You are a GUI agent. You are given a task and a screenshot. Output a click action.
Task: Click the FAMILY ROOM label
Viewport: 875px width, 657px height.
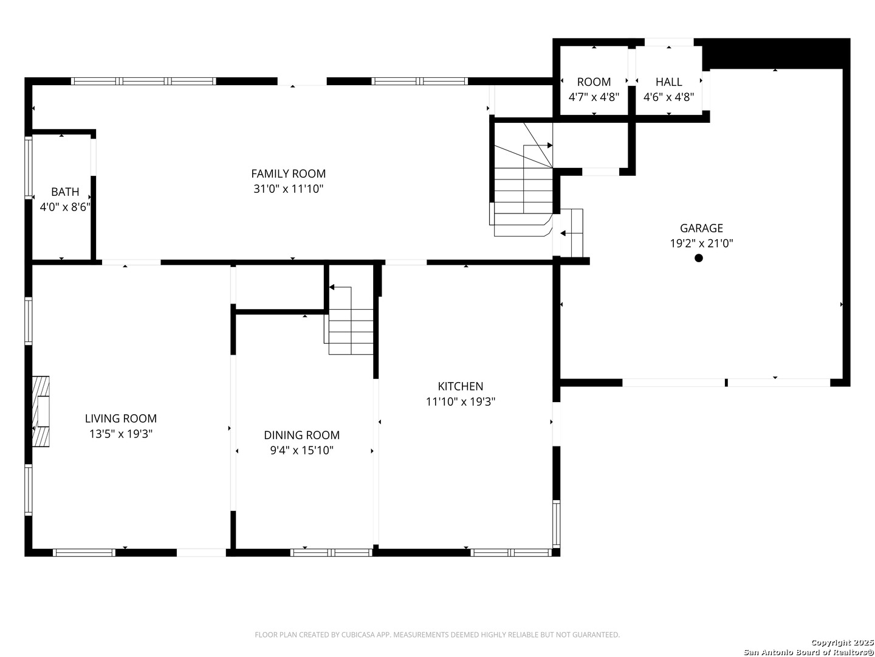pyautogui.click(x=288, y=173)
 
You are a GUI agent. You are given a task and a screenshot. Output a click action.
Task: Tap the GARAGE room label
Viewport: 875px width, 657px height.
pyautogui.click(x=701, y=228)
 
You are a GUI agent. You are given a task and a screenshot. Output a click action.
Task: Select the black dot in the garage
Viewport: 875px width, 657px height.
pyautogui.click(x=698, y=258)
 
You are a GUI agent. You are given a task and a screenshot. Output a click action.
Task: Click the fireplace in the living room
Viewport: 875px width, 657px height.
pyautogui.click(x=41, y=411)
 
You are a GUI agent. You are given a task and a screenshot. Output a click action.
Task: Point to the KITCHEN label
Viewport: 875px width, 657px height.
pyautogui.click(x=461, y=386)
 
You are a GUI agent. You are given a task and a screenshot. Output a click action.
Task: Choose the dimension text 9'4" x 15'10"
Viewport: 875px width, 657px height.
pyautogui.click(x=302, y=450)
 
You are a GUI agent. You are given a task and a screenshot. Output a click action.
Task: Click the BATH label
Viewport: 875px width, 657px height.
pyautogui.click(x=65, y=192)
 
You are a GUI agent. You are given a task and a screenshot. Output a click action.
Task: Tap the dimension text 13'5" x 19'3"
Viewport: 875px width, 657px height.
pyautogui.click(x=121, y=434)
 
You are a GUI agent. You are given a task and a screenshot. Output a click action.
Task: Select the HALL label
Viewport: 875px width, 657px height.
pyautogui.click(x=668, y=82)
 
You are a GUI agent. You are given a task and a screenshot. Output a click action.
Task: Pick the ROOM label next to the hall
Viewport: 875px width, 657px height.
pyautogui.click(x=594, y=82)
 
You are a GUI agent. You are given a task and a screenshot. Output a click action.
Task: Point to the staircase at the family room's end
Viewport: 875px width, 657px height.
pyautogui.click(x=523, y=179)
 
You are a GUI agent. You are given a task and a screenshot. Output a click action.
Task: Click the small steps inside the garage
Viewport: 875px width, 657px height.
pyautogui.click(x=571, y=233)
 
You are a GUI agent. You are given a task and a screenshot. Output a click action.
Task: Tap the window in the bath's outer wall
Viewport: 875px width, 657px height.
pyautogui.click(x=29, y=167)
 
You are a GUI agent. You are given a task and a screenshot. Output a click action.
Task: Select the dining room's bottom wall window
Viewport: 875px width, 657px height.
pyautogui.click(x=331, y=552)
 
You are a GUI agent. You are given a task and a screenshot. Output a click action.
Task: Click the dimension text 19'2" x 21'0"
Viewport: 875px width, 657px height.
pyautogui.click(x=702, y=243)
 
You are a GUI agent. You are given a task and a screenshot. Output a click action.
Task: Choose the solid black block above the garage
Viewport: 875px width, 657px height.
pyautogui.click(x=775, y=54)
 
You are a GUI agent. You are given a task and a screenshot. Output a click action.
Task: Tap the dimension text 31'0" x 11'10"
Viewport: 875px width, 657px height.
pyautogui.click(x=288, y=189)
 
